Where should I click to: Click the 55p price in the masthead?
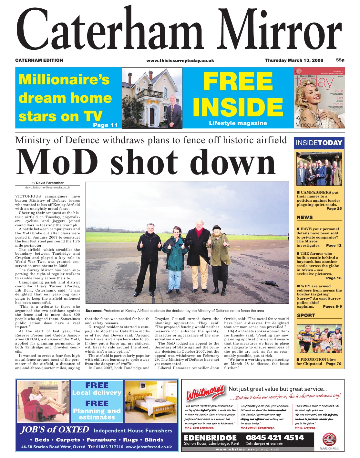(340, 60)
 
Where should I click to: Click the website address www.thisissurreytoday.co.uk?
(180, 61)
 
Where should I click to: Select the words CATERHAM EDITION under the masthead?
(39, 60)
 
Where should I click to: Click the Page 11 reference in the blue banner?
(105, 125)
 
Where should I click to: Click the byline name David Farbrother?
(50, 183)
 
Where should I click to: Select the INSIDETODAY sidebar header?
(319, 143)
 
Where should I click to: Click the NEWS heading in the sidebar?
(305, 218)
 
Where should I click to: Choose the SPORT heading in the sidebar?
(306, 315)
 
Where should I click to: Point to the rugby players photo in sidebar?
(319, 339)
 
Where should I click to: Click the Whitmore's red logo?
(205, 394)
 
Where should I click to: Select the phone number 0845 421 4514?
(275, 438)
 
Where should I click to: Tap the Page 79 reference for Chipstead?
(334, 364)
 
